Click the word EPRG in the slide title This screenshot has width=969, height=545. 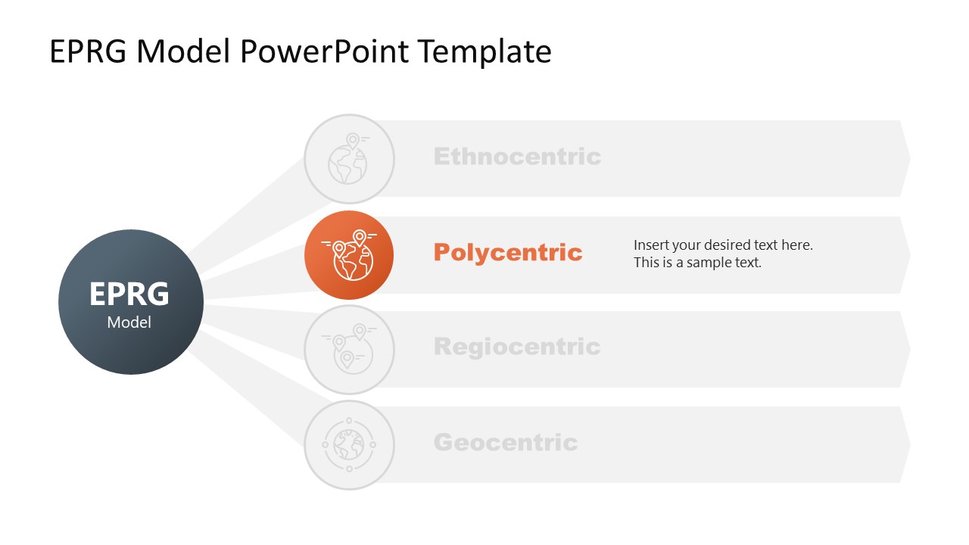click(89, 51)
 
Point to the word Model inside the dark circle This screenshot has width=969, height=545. click(129, 322)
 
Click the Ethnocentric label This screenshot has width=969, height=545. click(517, 157)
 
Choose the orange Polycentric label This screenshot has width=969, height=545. click(508, 252)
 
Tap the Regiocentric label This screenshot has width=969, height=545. click(517, 347)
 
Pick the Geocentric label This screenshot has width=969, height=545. click(506, 442)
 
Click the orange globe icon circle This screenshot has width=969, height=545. click(349, 255)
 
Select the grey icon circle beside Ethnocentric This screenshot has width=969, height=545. click(349, 159)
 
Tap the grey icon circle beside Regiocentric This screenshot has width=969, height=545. click(349, 350)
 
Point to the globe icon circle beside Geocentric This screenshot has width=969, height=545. click(349, 445)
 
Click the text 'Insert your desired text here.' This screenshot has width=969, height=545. click(723, 245)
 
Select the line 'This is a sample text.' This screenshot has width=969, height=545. click(697, 263)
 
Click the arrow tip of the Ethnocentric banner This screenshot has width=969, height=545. click(905, 158)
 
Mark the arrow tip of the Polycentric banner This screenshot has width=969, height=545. click(905, 254)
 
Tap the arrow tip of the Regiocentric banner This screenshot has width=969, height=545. click(905, 349)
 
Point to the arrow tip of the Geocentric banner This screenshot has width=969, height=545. click(905, 444)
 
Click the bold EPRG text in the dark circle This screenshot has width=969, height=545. click(129, 294)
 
